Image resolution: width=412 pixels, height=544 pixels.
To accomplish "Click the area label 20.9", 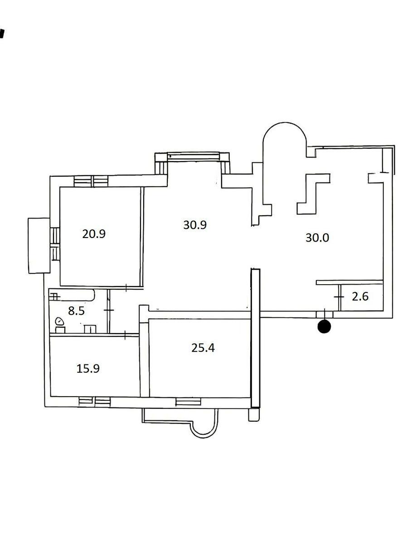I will [x=94, y=234].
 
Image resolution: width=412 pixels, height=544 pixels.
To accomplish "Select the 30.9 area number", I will [x=195, y=224].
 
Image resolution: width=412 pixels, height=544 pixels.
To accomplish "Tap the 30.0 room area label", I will [x=317, y=238].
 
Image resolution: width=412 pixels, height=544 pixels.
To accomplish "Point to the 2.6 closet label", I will [x=360, y=297].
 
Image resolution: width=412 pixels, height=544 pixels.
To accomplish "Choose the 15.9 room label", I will [x=88, y=368].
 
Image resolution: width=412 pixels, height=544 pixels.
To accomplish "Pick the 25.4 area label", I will [x=203, y=348].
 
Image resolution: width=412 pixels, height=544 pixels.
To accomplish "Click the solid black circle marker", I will [x=325, y=326].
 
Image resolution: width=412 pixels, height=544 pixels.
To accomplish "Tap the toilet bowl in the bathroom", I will [x=59, y=322].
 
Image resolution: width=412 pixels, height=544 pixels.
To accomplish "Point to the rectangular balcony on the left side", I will [x=39, y=245].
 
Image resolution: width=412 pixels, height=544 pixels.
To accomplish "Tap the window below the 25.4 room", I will [x=188, y=401].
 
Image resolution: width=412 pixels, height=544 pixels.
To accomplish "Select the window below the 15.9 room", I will [x=94, y=401].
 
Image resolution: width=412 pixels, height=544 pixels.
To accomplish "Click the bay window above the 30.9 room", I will [x=193, y=157].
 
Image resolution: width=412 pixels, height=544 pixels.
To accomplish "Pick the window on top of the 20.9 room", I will [x=91, y=181].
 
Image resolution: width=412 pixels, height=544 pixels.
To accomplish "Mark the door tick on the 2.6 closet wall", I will [x=338, y=296].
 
